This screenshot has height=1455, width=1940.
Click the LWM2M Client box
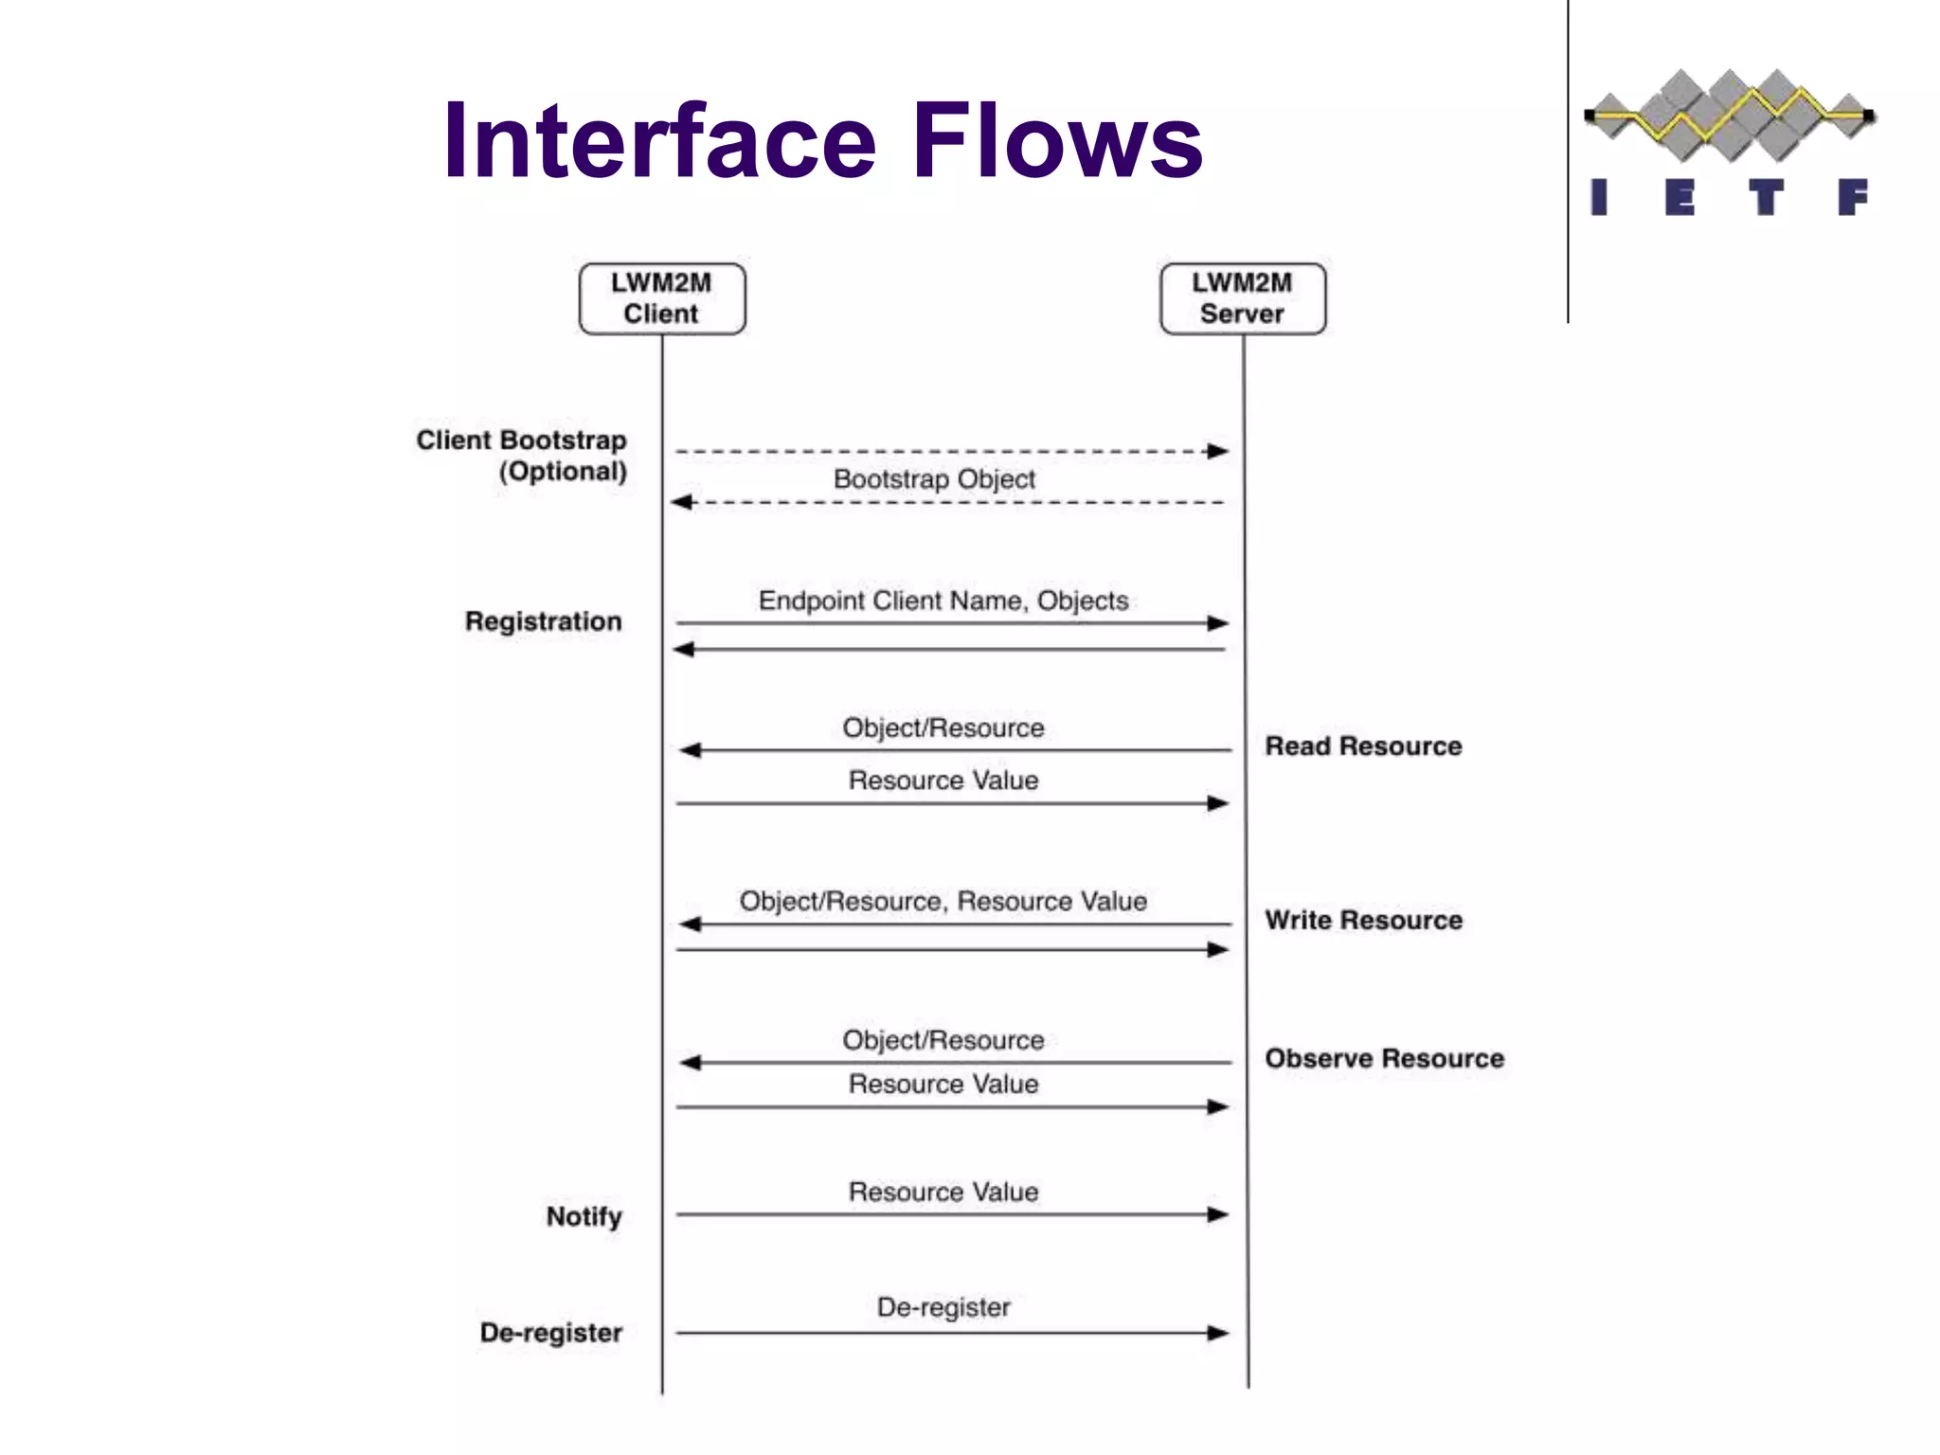[661, 298]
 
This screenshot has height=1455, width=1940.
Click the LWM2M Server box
[1242, 298]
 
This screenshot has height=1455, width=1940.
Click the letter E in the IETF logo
[1680, 198]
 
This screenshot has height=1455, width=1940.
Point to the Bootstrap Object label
[934, 479]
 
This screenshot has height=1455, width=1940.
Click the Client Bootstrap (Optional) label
[522, 456]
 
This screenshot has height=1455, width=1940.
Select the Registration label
[543, 621]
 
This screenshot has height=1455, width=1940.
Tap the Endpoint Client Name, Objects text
[943, 601]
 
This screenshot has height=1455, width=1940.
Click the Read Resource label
[1363, 746]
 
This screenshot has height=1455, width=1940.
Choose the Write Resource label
[1363, 920]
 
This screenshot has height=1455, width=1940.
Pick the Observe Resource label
[1384, 1058]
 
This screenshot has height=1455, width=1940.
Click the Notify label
[584, 1216]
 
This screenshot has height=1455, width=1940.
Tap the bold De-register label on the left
[551, 1333]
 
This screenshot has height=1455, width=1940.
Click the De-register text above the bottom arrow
[943, 1307]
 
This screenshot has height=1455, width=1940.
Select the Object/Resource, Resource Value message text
[943, 901]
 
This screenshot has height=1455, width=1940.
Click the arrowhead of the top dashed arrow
[1218, 451]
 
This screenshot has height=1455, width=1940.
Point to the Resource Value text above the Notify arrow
[943, 1192]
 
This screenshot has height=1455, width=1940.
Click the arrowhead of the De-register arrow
[1218, 1333]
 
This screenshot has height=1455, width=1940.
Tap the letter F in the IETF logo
[1852, 198]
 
